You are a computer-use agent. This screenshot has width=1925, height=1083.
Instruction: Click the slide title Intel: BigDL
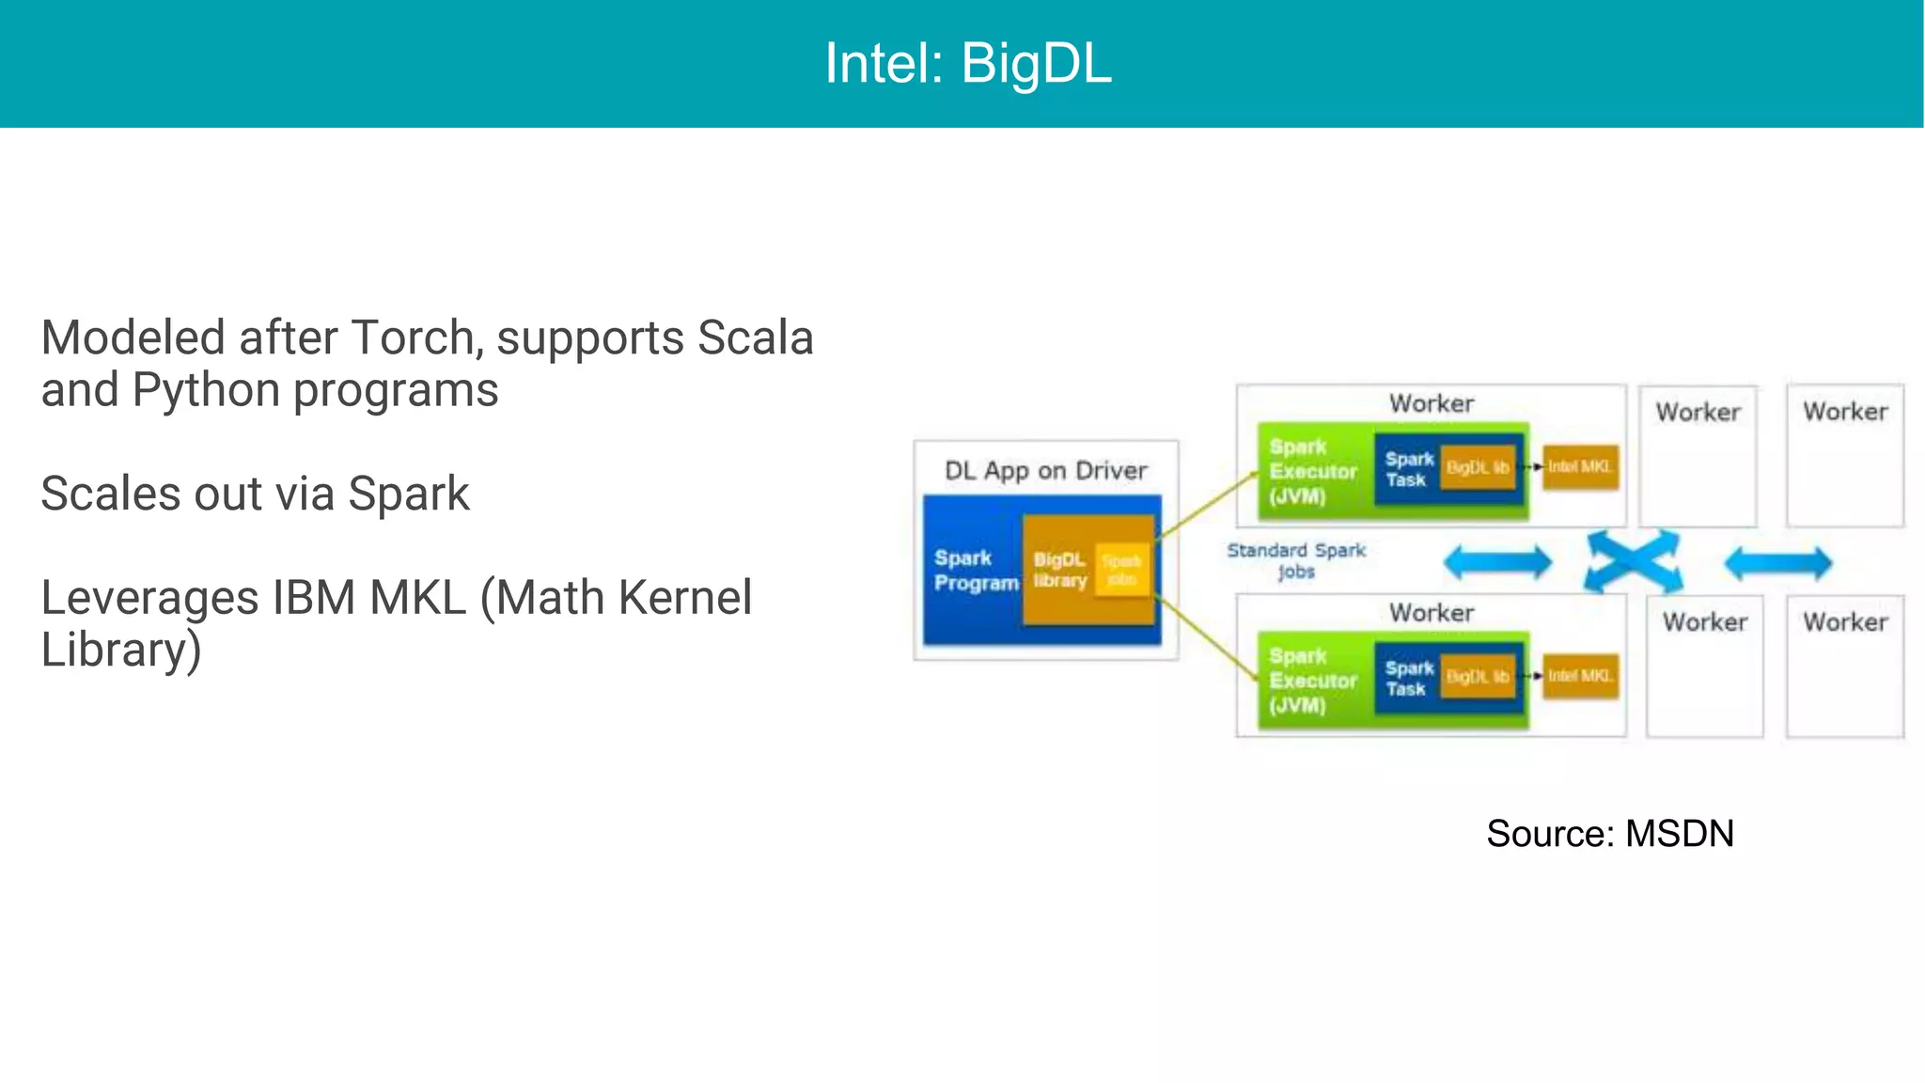967,64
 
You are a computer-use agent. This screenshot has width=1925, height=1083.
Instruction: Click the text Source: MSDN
1609,834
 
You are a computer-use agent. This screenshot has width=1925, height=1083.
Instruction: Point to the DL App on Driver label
1045,470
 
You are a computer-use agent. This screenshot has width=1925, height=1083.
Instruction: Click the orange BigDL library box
1059,571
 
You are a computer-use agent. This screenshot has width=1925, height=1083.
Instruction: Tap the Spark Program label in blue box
975,571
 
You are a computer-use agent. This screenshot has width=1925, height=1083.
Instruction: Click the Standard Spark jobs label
1296,560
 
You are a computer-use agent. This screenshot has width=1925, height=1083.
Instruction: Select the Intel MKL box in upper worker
1580,467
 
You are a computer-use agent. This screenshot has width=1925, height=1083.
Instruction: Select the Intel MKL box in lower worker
1580,676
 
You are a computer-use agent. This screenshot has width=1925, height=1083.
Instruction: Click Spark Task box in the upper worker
1408,469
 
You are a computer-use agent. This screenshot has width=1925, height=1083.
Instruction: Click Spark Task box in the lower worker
1408,679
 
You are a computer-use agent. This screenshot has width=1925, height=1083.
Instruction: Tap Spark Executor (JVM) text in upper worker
1312,472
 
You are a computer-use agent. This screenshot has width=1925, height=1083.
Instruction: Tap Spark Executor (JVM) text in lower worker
1312,681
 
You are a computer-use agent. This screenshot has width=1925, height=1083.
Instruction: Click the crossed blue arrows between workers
1634,562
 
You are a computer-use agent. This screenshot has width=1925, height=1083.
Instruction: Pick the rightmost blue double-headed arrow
1777,563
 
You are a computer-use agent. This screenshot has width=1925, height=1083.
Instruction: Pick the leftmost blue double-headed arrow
1497,563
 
